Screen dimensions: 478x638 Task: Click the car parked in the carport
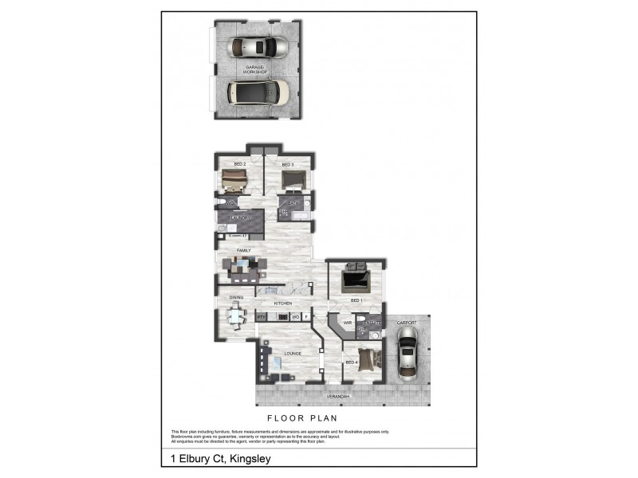pos(407,356)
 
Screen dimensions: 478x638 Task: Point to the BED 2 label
pos(238,165)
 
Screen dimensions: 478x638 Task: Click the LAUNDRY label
pos(241,217)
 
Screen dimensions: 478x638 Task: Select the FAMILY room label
pos(233,250)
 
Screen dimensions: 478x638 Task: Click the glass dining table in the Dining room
pos(237,317)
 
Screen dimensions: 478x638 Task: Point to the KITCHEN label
pos(283,304)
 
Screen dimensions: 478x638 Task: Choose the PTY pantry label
pos(260,317)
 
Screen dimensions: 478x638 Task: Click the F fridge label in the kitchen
pos(306,317)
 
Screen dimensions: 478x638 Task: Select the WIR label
pos(348,323)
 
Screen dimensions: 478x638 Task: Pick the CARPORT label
pos(407,323)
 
